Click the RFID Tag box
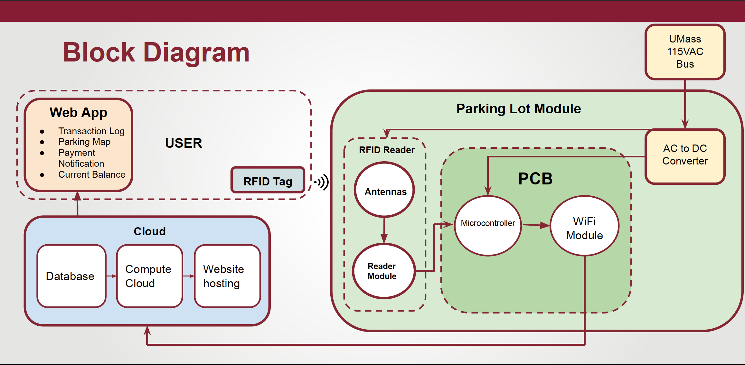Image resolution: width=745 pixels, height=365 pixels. [268, 180]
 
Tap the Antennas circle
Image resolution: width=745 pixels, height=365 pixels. [384, 190]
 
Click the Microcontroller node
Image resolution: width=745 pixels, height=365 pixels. [488, 226]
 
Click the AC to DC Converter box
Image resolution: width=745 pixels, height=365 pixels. [685, 156]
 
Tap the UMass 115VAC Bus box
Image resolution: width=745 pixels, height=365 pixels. [685, 52]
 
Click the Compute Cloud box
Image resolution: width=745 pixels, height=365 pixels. [149, 276]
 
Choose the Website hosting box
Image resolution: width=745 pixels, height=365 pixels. [227, 276]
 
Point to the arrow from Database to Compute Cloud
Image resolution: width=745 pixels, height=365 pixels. [111, 276]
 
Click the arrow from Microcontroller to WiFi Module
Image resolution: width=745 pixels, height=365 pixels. [536, 225]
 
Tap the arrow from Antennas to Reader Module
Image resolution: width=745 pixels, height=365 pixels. [384, 230]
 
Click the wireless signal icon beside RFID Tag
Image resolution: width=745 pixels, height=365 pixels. [322, 182]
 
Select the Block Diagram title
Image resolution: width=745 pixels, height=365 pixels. [156, 52]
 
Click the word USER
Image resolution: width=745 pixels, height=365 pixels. [184, 143]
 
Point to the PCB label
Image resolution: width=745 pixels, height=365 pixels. [535, 179]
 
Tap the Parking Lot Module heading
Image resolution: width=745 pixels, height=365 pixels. [518, 109]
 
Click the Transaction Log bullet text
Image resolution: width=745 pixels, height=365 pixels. [91, 131]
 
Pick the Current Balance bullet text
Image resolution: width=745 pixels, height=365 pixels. [92, 174]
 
